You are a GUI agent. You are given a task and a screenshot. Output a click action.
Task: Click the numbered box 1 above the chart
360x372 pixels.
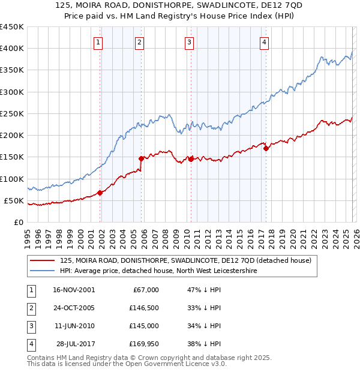click(x=97, y=42)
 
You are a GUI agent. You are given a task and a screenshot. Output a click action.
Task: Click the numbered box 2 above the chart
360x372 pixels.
click(x=139, y=42)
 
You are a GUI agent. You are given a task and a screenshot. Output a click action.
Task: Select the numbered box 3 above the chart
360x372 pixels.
click(x=189, y=42)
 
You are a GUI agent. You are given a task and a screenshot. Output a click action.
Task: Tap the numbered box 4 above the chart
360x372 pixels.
click(x=264, y=42)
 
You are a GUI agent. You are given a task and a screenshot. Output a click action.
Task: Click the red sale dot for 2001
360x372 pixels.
click(x=100, y=193)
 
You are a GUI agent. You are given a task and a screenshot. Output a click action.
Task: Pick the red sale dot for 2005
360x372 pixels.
click(x=142, y=158)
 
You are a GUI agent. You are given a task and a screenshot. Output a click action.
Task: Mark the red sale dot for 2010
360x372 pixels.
click(x=191, y=159)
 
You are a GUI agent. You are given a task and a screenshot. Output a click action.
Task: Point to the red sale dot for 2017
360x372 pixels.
click(x=266, y=148)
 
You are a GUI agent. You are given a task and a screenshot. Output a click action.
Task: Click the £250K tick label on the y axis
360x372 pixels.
click(x=11, y=113)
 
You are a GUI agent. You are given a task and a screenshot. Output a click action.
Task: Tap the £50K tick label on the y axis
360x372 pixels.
click(x=14, y=200)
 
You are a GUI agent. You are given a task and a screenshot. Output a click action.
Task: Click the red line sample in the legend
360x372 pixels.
click(x=42, y=261)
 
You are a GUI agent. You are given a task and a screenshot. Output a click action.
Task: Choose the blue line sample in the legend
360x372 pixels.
click(x=42, y=271)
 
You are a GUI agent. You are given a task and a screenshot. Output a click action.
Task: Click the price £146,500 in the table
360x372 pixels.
click(x=145, y=308)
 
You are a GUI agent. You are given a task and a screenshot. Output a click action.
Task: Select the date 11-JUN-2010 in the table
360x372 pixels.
click(x=71, y=326)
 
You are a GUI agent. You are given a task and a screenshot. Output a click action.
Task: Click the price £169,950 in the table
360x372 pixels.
click(x=145, y=344)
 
